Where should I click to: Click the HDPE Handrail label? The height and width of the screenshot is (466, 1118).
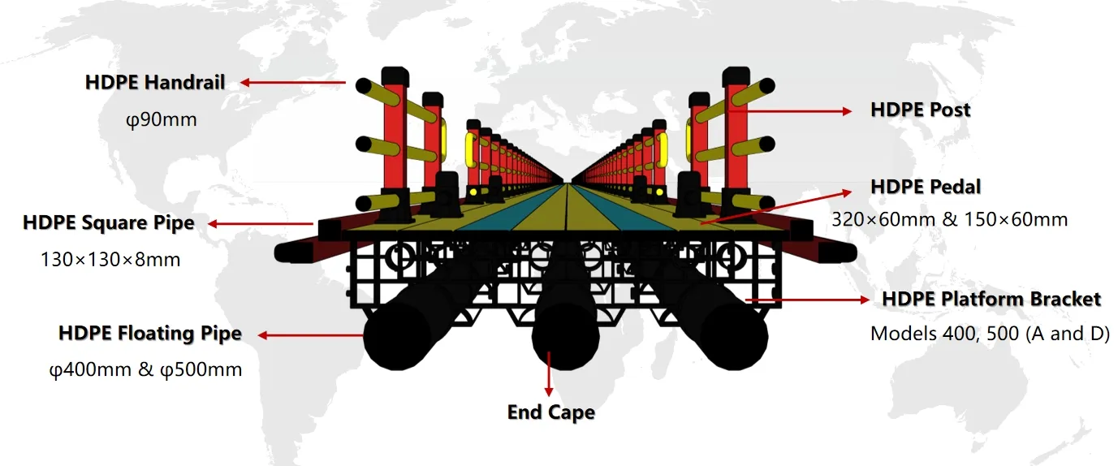tap(155, 82)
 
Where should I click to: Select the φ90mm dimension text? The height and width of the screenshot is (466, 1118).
tap(162, 119)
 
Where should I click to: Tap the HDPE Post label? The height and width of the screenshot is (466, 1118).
tap(921, 110)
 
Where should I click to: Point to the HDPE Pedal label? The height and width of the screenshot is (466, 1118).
tap(926, 187)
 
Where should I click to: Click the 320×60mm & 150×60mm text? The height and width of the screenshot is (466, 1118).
tap(949, 219)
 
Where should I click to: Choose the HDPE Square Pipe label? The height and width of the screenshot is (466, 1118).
tap(108, 222)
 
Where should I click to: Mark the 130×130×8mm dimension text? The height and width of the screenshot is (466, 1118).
tap(110, 260)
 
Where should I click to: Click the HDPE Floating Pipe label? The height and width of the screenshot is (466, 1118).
tap(149, 334)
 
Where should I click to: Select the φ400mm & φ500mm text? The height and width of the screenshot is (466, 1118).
tap(145, 369)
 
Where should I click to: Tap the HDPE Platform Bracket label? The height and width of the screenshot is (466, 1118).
tap(991, 299)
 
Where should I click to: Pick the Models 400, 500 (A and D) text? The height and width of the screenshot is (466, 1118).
tap(991, 334)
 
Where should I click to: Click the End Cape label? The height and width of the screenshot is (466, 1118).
tap(551, 412)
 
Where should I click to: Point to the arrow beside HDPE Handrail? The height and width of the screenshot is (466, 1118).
tap(293, 82)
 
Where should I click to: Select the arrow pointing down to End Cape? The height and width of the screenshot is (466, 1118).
tap(549, 374)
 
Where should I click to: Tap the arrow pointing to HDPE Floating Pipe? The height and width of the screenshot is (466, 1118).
tap(311, 335)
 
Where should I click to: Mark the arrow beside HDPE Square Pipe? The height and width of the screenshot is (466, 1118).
tap(260, 224)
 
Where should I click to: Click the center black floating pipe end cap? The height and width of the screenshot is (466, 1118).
tap(565, 337)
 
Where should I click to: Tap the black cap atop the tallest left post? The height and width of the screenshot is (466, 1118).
tap(395, 76)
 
